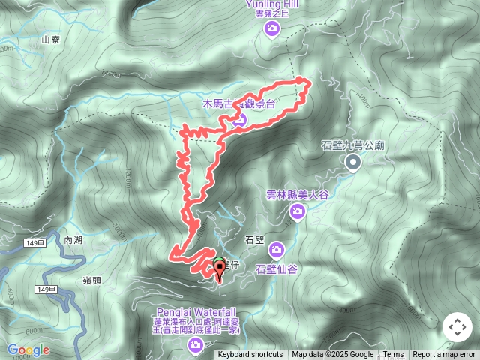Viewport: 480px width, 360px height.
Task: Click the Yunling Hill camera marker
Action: (272, 29)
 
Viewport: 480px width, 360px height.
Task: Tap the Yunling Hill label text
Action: (272, 4)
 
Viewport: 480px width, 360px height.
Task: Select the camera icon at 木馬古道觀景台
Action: (239, 118)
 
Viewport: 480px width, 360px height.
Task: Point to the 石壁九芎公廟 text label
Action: (352, 145)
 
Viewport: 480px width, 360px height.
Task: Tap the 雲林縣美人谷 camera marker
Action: (298, 212)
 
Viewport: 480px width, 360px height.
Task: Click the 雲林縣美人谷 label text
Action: (298, 195)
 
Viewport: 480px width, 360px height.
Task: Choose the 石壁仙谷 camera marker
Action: (277, 249)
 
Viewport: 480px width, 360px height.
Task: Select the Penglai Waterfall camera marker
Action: (196, 344)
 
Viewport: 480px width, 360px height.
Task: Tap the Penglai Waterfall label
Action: (196, 311)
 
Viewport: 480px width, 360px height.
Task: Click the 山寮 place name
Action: (51, 40)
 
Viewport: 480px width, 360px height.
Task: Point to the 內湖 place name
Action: (73, 240)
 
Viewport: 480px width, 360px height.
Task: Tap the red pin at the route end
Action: (219, 271)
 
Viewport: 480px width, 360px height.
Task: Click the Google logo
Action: (28, 349)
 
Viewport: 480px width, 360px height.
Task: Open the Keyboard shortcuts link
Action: (250, 355)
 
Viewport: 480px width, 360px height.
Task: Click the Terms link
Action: (393, 355)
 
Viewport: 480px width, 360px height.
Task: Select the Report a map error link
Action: (444, 355)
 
